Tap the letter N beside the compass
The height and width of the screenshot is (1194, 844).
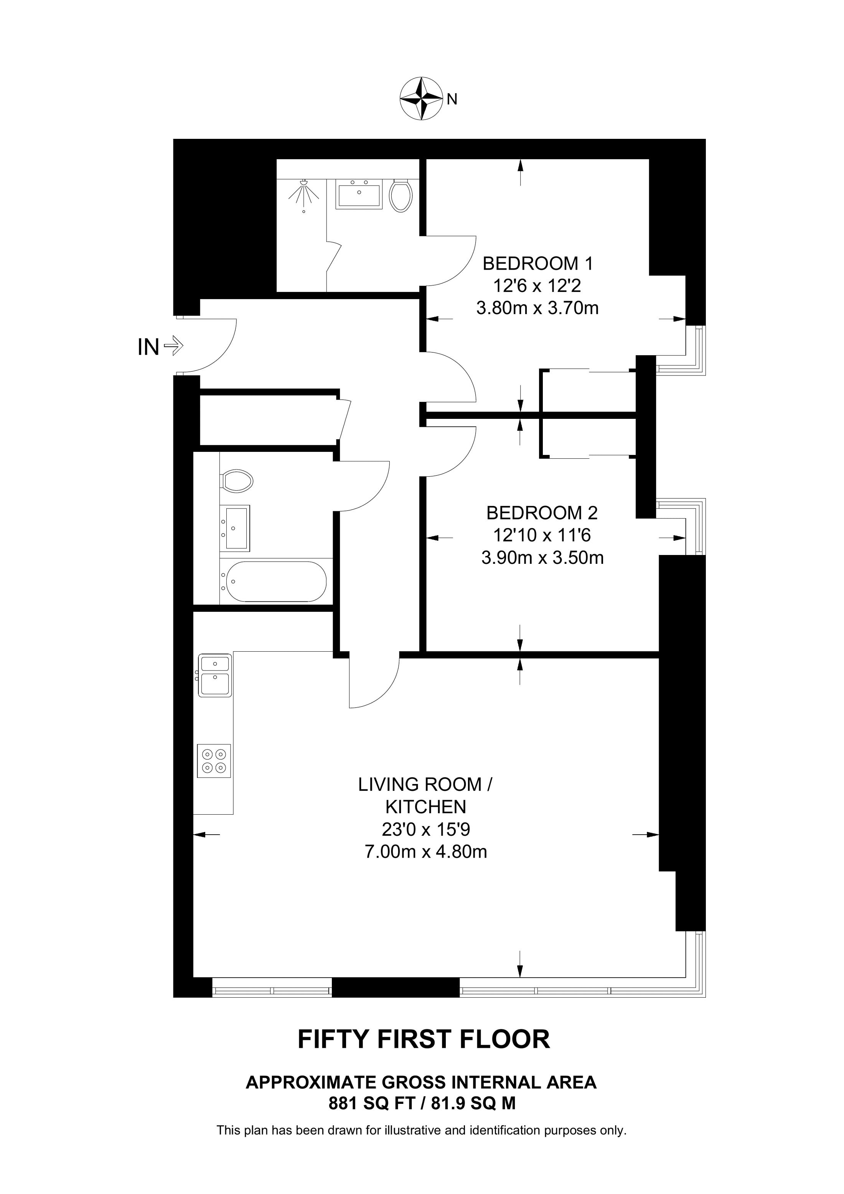[452, 99]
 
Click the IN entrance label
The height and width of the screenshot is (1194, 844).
[148, 347]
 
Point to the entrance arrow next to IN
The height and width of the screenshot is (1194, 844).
[173, 345]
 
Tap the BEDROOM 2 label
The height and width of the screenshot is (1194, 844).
[542, 513]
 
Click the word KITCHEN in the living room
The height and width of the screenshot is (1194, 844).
[425, 807]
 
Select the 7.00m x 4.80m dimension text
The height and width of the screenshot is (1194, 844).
[425, 852]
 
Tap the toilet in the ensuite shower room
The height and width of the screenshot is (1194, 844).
[401, 196]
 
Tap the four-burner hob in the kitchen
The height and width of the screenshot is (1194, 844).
[214, 761]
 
